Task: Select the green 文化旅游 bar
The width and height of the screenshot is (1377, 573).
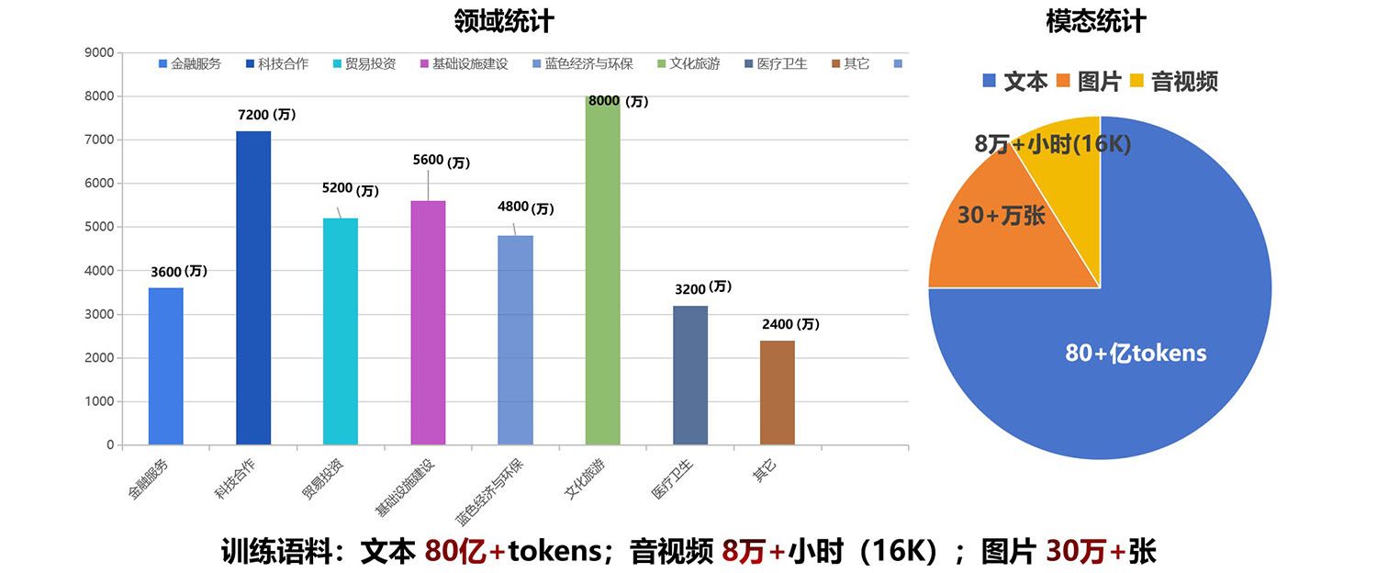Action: [602, 270]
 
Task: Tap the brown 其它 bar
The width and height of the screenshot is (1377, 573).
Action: [778, 392]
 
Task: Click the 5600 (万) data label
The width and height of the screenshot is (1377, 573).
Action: [441, 162]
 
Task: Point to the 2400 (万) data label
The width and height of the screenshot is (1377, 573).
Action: [790, 324]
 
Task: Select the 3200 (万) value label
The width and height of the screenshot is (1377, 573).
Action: [702, 288]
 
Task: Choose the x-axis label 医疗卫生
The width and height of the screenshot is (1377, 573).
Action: [673, 478]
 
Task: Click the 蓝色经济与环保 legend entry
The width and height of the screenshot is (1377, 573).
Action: [582, 63]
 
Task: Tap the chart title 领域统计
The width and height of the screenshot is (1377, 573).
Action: [504, 19]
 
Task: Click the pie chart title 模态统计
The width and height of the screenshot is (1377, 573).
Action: [1096, 21]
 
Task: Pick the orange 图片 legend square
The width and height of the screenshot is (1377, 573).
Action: [1063, 81]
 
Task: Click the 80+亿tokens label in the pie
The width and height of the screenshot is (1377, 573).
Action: [1136, 353]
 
